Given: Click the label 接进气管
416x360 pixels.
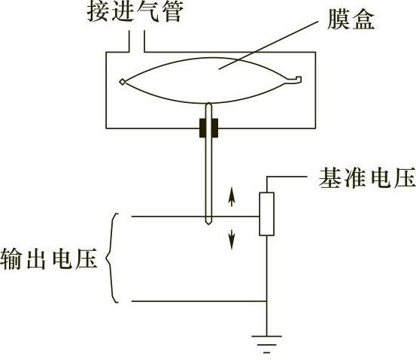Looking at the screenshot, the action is pos(135,12).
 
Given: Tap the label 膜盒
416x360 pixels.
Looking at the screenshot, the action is pos(351,20).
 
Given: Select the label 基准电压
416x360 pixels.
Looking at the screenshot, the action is pos(367,178).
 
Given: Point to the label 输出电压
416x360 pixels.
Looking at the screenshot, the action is pos(49,259).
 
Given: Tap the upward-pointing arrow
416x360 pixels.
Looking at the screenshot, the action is pos(232,197).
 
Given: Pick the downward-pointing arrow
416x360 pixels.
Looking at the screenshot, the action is pos(232,240).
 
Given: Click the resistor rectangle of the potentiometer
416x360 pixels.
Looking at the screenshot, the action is pos(266,214).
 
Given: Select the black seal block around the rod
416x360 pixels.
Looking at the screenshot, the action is pos(209,128).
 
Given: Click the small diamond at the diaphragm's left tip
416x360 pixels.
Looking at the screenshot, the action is pos(123,82).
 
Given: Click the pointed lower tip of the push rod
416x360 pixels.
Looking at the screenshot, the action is pos(209,224).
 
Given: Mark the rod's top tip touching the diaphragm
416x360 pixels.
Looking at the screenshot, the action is pos(209,104).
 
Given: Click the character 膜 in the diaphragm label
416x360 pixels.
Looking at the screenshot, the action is pos(339,20).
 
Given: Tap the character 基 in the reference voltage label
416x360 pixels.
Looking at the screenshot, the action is pos(329,178).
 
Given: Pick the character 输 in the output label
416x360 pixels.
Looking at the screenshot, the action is pos(11,259).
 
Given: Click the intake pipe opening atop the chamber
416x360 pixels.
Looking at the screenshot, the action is pos(137,41).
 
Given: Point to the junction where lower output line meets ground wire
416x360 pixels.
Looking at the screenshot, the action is pos(266,301).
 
